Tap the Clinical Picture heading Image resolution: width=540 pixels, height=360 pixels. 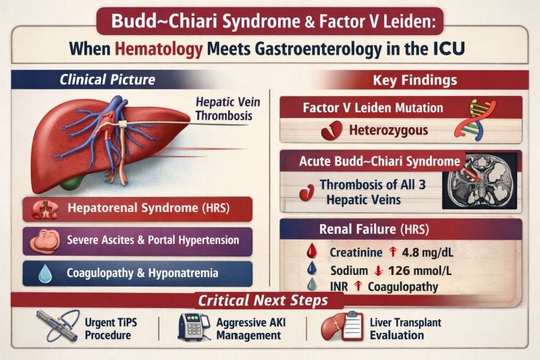coord(107,80)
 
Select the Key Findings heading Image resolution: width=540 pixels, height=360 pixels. coord(414,80)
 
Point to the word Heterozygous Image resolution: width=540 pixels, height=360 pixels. coord(387,130)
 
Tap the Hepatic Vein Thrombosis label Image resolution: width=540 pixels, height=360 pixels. coord(224,109)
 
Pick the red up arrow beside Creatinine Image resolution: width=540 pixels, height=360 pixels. coord(393,253)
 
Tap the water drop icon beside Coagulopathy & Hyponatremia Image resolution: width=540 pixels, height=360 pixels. coord(44,274)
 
